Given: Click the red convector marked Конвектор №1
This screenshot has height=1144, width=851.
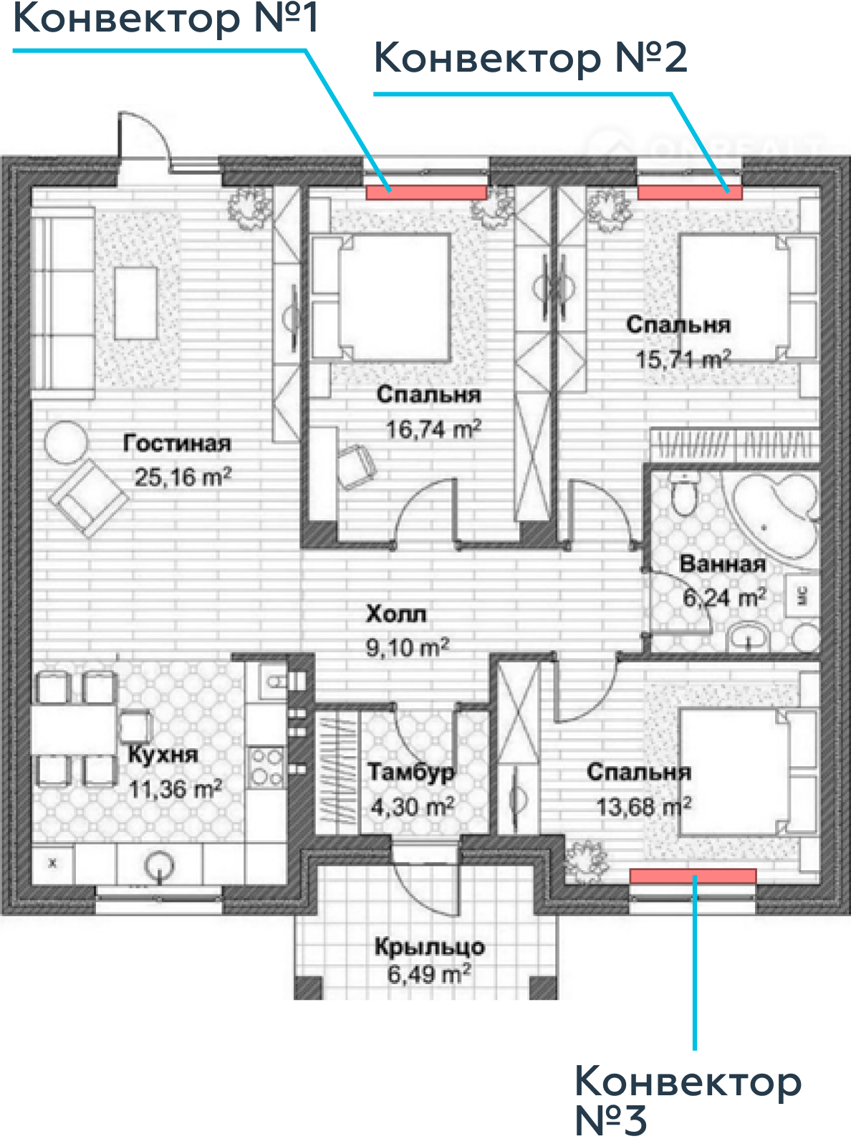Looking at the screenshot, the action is [x=426, y=192].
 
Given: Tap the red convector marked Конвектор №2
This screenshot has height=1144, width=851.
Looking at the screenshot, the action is [x=690, y=192].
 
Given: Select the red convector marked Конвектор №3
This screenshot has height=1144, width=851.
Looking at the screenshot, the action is [x=693, y=876].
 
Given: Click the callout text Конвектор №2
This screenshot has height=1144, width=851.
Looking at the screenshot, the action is [x=531, y=58].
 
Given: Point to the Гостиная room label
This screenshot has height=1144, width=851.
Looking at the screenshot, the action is [x=177, y=443].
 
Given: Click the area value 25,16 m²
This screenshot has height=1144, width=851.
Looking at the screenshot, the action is [x=183, y=477].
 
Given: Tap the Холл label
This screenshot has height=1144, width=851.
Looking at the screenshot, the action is [x=396, y=614].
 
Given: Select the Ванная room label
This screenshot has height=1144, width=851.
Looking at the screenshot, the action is [x=722, y=563].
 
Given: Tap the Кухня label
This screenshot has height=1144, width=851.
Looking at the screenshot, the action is [x=163, y=755].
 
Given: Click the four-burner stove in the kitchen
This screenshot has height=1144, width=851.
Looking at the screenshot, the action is [x=266, y=767].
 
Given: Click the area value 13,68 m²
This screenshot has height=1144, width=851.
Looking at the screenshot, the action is [x=644, y=806].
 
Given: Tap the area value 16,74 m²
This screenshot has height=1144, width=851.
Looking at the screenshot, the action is [x=434, y=429].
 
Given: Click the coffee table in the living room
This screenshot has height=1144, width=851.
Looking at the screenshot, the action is [x=135, y=302].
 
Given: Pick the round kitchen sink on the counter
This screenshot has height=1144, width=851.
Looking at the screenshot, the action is [x=160, y=865].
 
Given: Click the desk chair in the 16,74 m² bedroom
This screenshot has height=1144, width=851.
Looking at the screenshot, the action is [x=356, y=467].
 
